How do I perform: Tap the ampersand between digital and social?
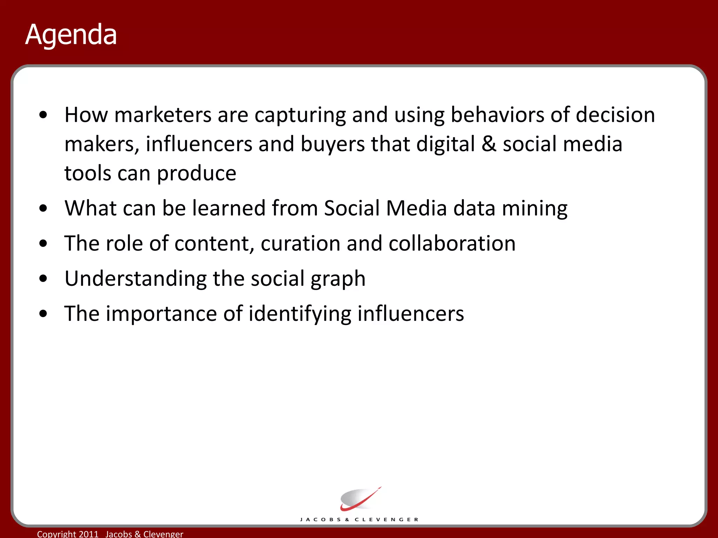click(489, 144)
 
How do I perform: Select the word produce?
click(196, 173)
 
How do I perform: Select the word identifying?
click(300, 314)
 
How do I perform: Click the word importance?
click(161, 314)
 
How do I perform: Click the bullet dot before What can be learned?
click(43, 208)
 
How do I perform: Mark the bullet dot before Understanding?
click(43, 278)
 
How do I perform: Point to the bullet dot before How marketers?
click(43, 115)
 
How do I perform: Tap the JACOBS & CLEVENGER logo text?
click(359, 519)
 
